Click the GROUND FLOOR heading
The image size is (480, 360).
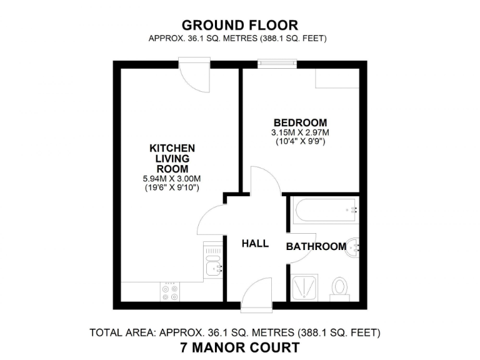click(x=239, y=25)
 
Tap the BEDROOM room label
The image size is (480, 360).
click(x=300, y=122)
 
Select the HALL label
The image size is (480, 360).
click(x=255, y=244)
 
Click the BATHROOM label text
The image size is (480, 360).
click(x=316, y=247)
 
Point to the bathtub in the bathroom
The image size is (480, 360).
click(x=325, y=210)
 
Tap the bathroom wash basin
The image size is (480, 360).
click(x=354, y=247)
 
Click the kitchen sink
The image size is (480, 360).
click(x=214, y=269)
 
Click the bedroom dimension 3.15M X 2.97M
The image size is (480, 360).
click(x=300, y=132)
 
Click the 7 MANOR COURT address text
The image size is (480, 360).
click(x=239, y=347)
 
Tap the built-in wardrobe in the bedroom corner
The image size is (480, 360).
click(x=337, y=79)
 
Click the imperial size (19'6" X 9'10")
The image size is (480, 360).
click(x=172, y=187)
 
